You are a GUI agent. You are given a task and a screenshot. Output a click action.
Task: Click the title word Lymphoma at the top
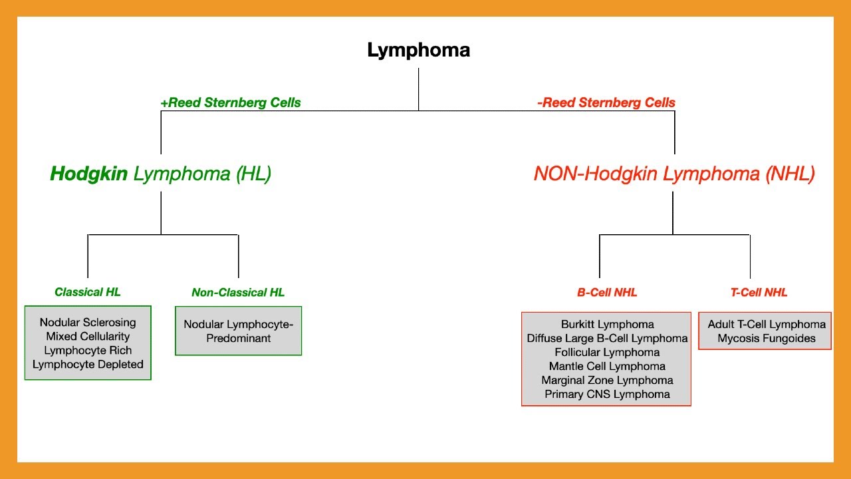coord(418,51)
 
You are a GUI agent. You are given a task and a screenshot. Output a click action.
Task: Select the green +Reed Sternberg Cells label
coord(231,103)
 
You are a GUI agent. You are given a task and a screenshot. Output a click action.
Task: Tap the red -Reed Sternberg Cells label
coord(606,103)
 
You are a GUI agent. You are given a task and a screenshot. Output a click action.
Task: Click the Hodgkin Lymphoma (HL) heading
coord(161,174)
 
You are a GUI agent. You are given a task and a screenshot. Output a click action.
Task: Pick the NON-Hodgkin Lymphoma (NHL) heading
coord(673,174)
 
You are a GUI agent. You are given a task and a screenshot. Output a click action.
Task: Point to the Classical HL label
coord(88,292)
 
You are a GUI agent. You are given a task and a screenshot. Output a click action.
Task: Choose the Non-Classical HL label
coord(238,293)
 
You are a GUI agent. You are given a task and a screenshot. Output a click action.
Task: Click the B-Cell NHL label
coord(606,293)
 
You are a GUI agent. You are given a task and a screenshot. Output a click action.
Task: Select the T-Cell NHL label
coord(759,293)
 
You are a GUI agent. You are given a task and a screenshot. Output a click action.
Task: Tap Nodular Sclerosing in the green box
coord(88,323)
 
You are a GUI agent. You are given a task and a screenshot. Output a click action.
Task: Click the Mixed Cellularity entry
coord(88,337)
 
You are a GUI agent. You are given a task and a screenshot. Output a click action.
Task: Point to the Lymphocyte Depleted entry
coord(88,365)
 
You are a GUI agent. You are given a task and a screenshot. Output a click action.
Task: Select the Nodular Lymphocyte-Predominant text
coord(238,331)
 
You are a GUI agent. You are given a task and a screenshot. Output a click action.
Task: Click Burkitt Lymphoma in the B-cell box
coord(607,325)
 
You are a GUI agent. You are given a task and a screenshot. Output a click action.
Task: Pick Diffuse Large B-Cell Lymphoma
coord(607,339)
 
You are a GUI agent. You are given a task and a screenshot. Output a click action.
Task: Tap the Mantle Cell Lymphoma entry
coord(607,367)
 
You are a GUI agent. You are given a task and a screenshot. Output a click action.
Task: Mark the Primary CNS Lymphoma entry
coord(607,395)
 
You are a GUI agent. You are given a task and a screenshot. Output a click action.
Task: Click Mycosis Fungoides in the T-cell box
coord(766,339)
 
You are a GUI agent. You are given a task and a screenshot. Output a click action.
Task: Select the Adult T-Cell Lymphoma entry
coord(766,325)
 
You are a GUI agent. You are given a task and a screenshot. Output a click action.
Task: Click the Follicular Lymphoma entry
coord(607,353)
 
